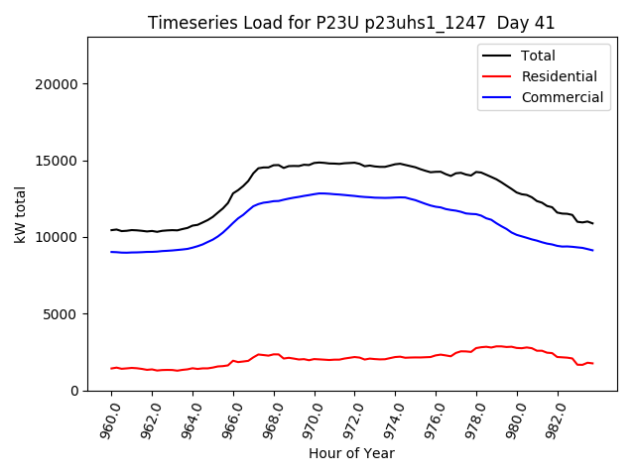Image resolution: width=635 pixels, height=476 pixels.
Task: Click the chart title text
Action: pyautogui.click(x=351, y=23)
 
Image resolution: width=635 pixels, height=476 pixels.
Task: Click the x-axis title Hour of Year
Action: pyautogui.click(x=351, y=453)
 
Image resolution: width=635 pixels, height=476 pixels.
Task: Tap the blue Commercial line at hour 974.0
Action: pyautogui.click(x=396, y=197)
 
